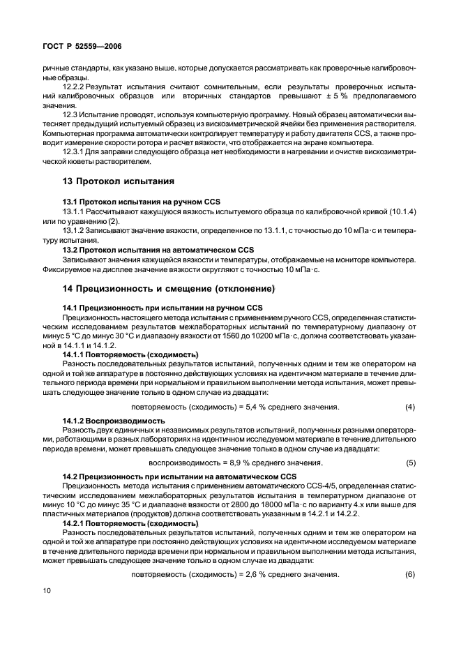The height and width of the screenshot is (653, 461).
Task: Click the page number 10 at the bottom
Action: [x=47, y=592]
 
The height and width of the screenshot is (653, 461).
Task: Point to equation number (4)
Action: [x=410, y=407]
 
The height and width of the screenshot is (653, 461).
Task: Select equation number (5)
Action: [x=410, y=463]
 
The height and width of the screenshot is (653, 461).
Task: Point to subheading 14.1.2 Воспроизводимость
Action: [x=114, y=421]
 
